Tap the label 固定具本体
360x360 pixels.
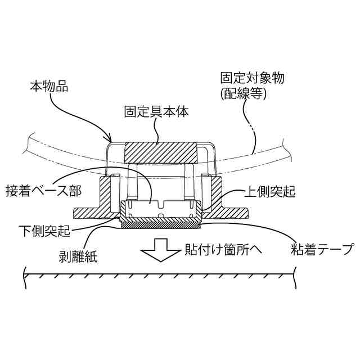pos(156,111)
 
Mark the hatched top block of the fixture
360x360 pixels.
pos(161,152)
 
